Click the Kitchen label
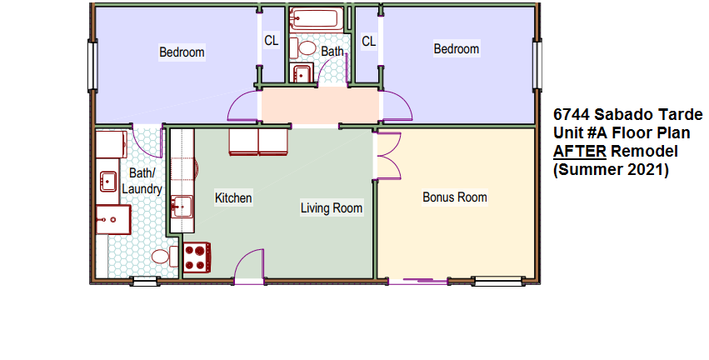(x=233, y=198)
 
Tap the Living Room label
(x=332, y=208)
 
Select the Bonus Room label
(x=455, y=197)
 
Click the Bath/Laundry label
(x=142, y=181)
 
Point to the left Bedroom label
(x=182, y=52)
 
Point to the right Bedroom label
(x=457, y=48)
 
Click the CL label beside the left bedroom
(x=272, y=41)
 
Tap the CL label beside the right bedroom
(x=368, y=42)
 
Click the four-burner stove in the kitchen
(x=197, y=257)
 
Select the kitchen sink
(x=182, y=207)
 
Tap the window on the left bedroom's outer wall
(x=92, y=65)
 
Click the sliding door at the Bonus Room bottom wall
(x=418, y=282)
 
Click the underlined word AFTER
(x=580, y=151)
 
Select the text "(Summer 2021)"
(x=611, y=170)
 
